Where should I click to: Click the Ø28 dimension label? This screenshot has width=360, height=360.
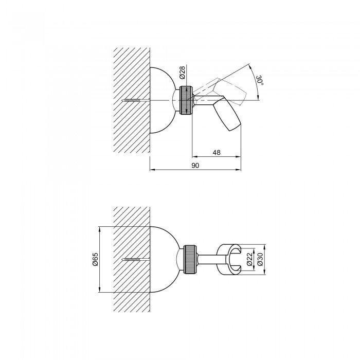[x=183, y=73]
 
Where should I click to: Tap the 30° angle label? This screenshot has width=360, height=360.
[x=259, y=80]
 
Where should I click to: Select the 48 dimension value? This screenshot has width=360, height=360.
[x=217, y=152]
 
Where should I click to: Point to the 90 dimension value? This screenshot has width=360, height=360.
[x=195, y=165]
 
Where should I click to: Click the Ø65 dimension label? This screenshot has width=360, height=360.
[x=95, y=259]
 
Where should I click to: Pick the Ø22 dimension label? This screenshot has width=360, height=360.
[x=250, y=259]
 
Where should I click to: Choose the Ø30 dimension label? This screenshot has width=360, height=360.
[x=260, y=259]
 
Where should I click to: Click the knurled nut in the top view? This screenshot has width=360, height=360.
[x=186, y=100]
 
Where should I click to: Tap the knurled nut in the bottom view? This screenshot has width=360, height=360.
[x=190, y=259]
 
